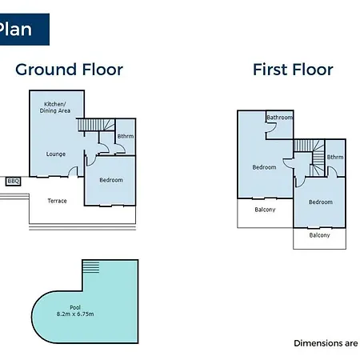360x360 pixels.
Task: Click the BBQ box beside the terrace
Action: pos(13,182)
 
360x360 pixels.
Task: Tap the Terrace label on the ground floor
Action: pos(57,201)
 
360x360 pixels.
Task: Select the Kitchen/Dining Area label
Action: pos(55,107)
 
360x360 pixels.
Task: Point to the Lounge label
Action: pos(56,154)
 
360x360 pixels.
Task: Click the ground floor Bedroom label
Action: pos(111,180)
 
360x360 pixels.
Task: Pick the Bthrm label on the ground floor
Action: pos(126,136)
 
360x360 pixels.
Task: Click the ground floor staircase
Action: pos(96,125)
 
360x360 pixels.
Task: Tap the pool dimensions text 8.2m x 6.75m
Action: pos(75,314)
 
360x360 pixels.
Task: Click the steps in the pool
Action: pos(91,267)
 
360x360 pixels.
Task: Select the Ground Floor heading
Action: pos(70,70)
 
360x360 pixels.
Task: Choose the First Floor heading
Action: pos(293,70)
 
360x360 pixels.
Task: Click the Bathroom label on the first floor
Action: pos(279,118)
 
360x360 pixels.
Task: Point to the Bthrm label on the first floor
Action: pos(335,157)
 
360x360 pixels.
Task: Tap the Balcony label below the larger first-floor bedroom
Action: pos(265,210)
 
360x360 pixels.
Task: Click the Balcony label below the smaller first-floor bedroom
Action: pos(319,235)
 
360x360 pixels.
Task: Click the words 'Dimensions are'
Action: pos(326,343)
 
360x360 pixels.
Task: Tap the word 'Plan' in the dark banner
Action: pos(15,29)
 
